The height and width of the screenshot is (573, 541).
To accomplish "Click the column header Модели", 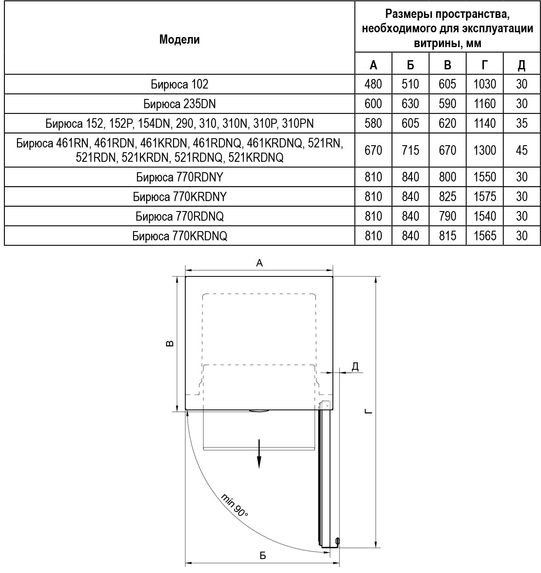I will (179, 40).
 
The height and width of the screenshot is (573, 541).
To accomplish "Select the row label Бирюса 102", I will (179, 84).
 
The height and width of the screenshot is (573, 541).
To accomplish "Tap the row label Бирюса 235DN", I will (179, 104).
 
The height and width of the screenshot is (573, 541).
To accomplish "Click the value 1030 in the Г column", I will (484, 84).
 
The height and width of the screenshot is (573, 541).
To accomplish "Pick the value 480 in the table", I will (373, 84).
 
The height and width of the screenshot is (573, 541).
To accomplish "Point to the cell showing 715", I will (410, 150).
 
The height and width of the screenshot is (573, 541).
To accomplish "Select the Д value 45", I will (521, 150).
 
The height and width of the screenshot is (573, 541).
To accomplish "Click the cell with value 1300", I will (484, 150).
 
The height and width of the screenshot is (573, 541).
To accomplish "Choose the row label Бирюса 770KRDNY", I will (179, 197).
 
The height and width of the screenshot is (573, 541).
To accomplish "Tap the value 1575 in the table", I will (484, 197).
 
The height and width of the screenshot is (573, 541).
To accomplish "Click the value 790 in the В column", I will (447, 216).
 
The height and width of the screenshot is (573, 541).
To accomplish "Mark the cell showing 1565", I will (484, 236).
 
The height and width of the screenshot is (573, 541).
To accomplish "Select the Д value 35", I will (521, 123).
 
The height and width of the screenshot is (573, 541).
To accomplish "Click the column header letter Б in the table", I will (410, 65).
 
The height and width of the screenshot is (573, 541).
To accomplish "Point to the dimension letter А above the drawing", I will (259, 263).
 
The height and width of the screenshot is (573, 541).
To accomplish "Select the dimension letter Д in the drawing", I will (355, 366).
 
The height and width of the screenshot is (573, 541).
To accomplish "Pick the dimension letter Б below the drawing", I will (262, 556).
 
